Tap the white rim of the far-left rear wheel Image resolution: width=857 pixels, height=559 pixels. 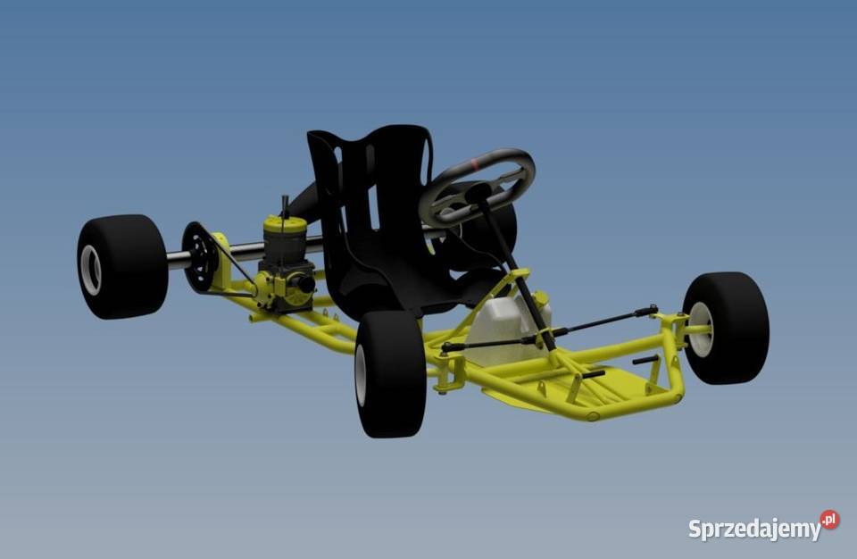(90, 270)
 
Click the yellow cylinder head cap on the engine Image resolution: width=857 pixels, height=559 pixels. (285, 224)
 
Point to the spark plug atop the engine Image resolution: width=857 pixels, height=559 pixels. (285, 204)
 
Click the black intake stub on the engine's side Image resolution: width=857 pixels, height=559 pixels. (304, 284)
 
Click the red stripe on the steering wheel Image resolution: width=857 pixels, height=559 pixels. (477, 163)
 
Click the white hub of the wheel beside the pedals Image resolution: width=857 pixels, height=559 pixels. (702, 329)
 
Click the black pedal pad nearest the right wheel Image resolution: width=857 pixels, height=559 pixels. (645, 360)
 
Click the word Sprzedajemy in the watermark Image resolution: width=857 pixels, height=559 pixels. (753, 530)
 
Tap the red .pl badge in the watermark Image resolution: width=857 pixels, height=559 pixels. (830, 520)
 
